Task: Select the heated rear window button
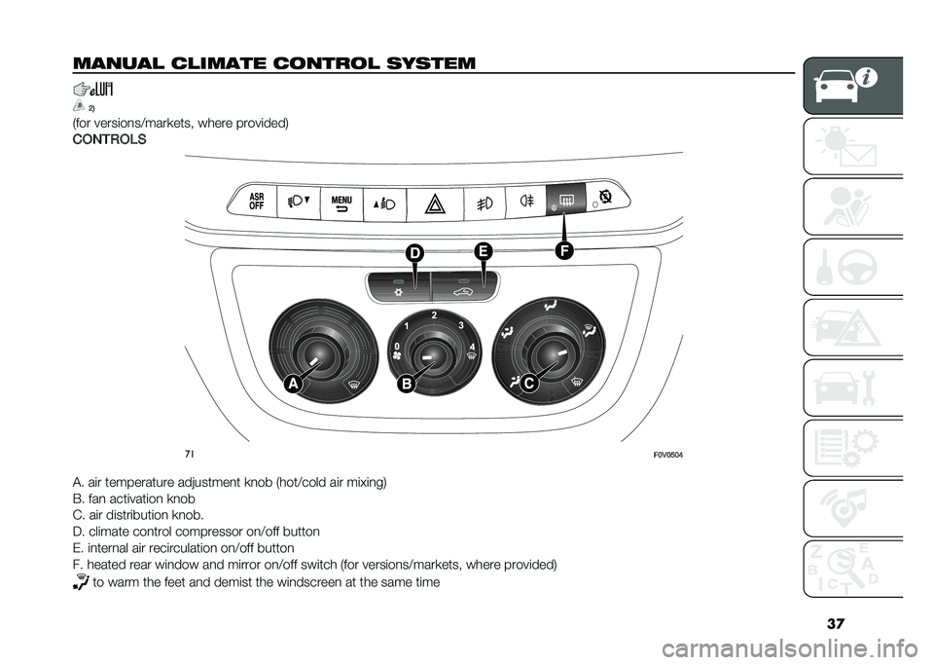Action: pos(565,203)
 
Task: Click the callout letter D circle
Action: pos(416,255)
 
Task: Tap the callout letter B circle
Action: pos(403,385)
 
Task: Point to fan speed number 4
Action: pos(470,348)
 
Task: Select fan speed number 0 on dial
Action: pos(397,346)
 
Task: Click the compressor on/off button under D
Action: pos(398,288)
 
